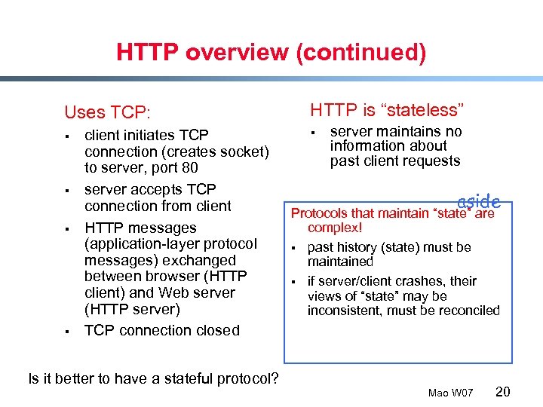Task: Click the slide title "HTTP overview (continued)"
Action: point(271,52)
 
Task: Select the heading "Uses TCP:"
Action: point(107,113)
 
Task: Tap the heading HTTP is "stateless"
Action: point(388,110)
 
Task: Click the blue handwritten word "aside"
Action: point(479,201)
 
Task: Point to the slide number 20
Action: point(504,391)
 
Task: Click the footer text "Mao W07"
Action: point(450,393)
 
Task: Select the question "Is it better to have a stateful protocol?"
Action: point(153,378)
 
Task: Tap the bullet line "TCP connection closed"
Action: point(162,330)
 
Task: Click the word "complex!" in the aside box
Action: point(336,227)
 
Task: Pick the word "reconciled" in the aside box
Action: point(468,311)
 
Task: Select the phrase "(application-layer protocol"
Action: point(170,243)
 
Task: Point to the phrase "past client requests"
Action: point(394,161)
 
